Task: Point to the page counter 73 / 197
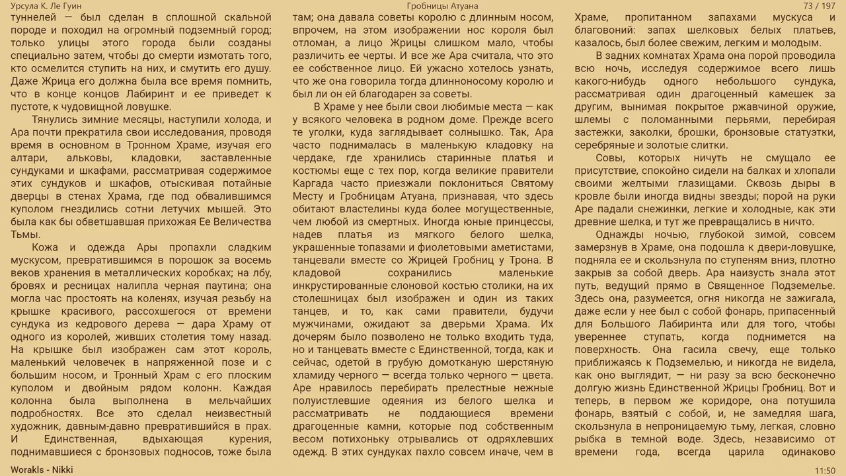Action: [819, 6]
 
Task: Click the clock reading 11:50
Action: [824, 471]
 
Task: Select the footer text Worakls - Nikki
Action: [42, 470]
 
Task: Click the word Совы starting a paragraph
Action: [609, 158]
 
